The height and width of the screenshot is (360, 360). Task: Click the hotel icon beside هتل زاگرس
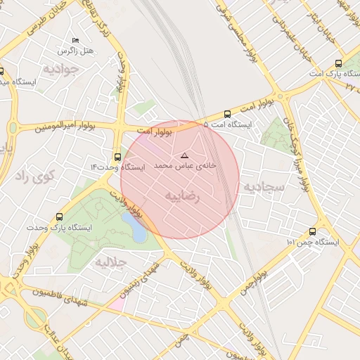(76, 40)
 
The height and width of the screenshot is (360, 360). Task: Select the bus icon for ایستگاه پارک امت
(339, 63)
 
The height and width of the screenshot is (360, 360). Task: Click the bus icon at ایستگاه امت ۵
(227, 114)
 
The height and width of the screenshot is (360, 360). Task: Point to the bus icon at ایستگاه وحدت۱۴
(117, 157)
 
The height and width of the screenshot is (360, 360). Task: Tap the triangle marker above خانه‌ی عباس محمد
(185, 155)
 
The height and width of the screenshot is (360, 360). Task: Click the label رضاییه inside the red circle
(182, 197)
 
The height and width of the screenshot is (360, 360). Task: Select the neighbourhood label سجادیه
(264, 187)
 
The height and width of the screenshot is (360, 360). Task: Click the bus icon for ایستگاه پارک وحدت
(59, 217)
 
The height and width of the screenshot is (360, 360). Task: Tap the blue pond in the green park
(135, 227)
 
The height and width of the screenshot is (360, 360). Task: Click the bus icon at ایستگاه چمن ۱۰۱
(312, 231)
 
